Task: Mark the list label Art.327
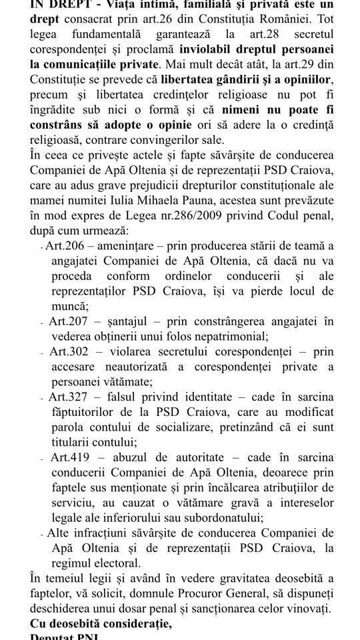coord(67,398)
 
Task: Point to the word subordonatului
coord(225,518)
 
